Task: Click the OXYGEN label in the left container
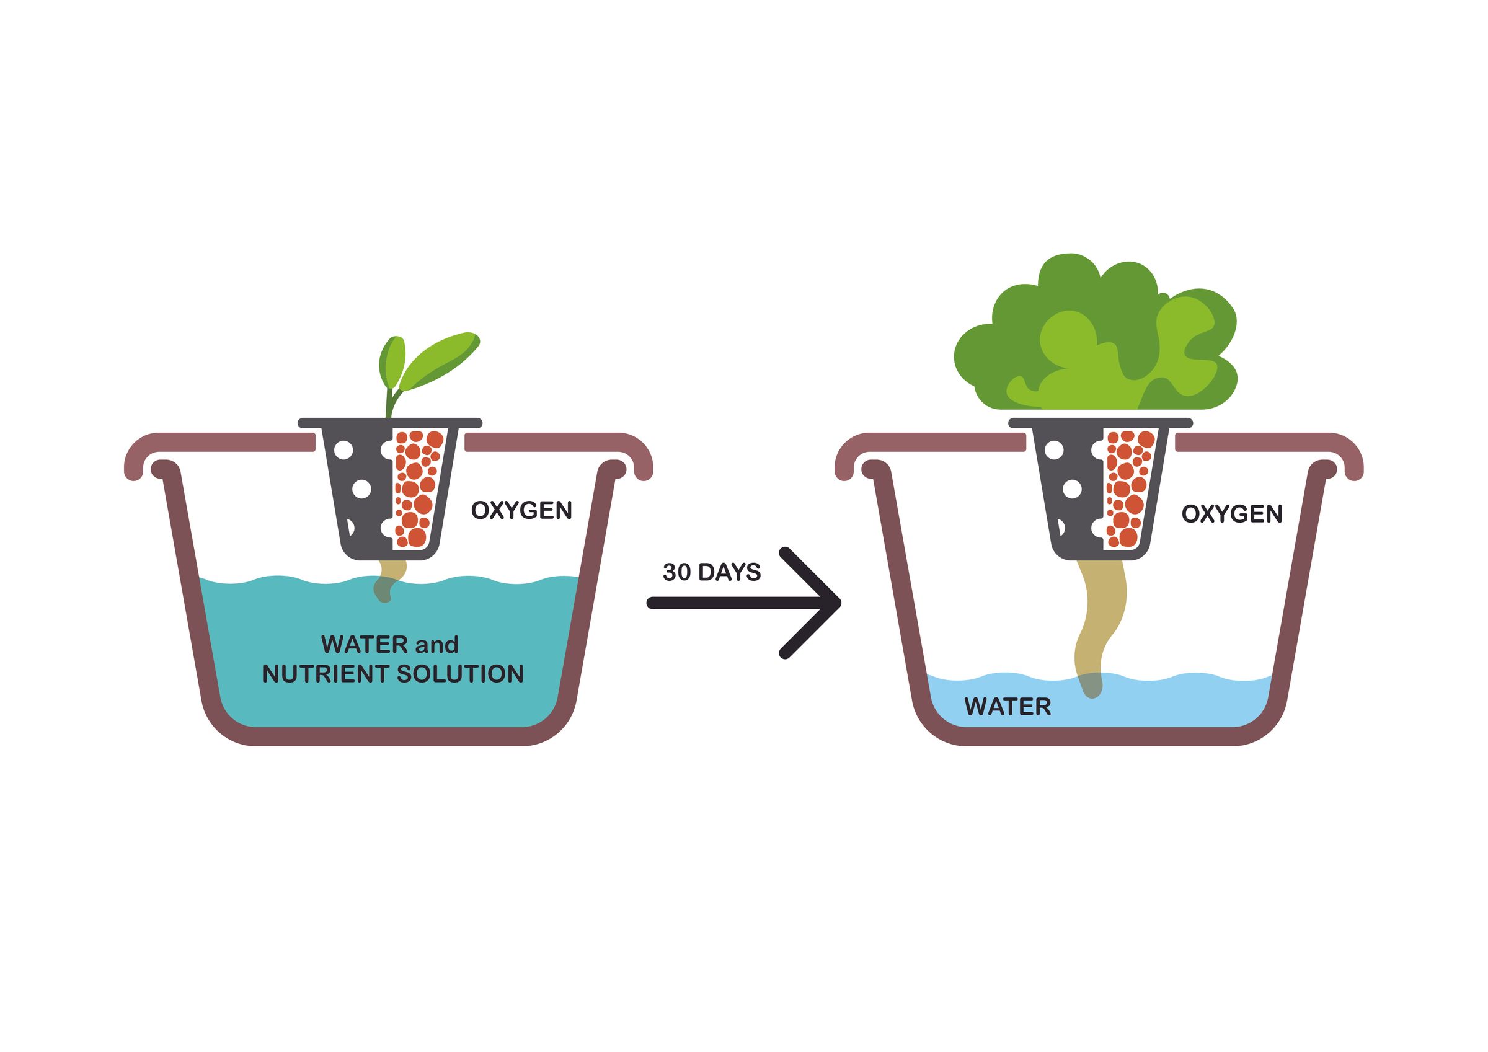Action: pyautogui.click(x=521, y=511)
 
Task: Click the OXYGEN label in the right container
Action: pyautogui.click(x=1231, y=514)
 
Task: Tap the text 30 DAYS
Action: pyautogui.click(x=712, y=572)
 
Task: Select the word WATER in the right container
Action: pyautogui.click(x=1007, y=707)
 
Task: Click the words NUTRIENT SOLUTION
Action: pyautogui.click(x=392, y=674)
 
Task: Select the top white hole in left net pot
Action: pyautogui.click(x=343, y=450)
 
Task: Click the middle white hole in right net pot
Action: pyautogui.click(x=1073, y=488)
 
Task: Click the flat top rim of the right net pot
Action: pyautogui.click(x=1100, y=423)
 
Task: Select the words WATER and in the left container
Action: pyautogui.click(x=389, y=645)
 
